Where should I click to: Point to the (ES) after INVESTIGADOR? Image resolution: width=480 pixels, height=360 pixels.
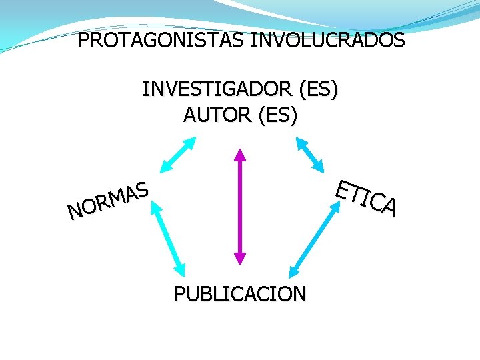(x=319, y=89)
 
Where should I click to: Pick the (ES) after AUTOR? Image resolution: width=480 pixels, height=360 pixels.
(x=276, y=115)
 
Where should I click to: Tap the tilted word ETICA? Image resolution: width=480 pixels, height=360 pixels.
(x=366, y=197)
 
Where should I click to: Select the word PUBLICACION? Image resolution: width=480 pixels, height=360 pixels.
(x=240, y=293)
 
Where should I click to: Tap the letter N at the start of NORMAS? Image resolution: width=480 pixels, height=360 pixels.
(x=75, y=212)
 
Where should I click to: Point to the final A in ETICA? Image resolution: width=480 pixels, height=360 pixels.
(x=390, y=207)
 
